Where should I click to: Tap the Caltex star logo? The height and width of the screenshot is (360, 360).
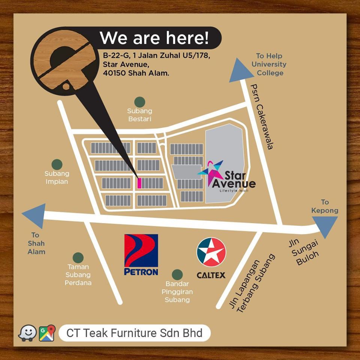[x=211, y=252]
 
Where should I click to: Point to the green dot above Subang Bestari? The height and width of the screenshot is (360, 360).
[x=140, y=102]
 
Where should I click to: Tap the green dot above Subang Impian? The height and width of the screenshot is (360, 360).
[x=57, y=164]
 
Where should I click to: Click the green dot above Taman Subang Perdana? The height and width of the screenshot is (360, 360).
[x=78, y=258]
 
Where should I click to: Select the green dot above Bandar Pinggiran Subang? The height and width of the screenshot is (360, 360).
[x=177, y=274]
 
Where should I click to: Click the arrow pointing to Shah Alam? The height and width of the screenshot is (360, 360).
[x=34, y=216]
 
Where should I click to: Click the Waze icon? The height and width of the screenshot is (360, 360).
[x=27, y=333]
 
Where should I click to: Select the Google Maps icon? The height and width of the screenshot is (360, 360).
[x=47, y=333]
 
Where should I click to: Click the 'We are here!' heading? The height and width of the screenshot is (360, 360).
[x=154, y=38]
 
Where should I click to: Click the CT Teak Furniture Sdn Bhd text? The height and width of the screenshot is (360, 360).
[x=134, y=333]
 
